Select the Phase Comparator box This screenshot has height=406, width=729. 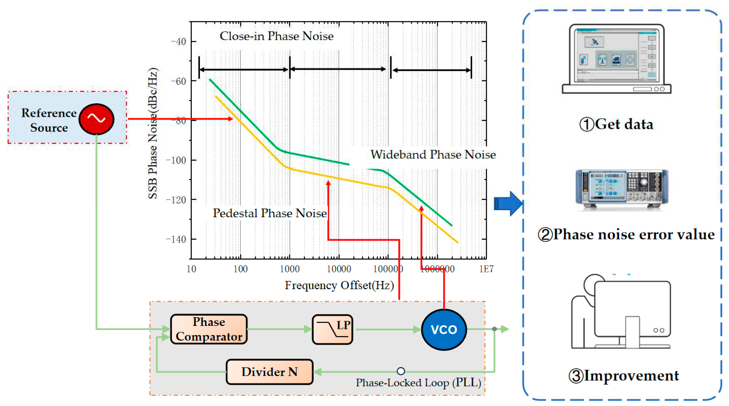click(209, 329)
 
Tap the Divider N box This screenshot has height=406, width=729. click(269, 372)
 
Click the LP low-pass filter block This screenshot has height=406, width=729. click(332, 329)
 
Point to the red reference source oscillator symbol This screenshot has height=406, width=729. click(96, 119)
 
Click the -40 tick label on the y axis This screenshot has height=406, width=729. click(178, 42)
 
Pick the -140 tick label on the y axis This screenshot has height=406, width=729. click(176, 239)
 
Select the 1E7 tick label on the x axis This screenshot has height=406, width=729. click(486, 269)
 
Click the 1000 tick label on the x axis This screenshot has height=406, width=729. click(290, 269)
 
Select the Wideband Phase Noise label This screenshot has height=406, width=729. click(433, 155)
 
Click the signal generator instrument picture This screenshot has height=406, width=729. click(622, 189)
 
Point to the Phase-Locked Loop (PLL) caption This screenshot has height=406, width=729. click(418, 383)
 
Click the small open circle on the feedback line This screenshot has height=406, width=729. click(401, 371)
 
